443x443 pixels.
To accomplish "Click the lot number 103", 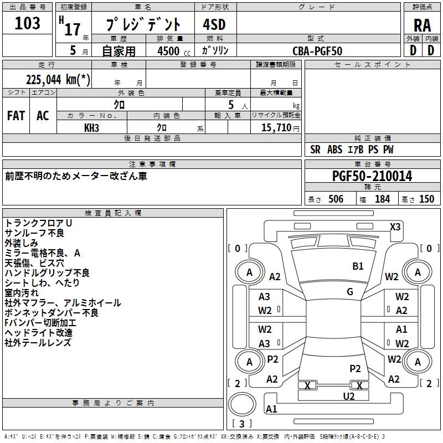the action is (27, 23).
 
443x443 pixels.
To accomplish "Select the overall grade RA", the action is (422, 25).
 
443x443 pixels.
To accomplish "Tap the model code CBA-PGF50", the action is (317, 51).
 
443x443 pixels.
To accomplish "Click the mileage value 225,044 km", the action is (58, 79).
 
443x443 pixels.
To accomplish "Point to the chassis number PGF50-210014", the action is (372, 176).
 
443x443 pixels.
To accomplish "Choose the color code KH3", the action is (91, 128).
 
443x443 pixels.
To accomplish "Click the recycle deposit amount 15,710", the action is (276, 127).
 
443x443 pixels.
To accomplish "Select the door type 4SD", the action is (214, 24).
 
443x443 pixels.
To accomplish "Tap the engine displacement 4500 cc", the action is (174, 51).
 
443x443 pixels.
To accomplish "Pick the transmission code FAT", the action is (16, 116).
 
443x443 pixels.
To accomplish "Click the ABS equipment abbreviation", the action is (334, 150).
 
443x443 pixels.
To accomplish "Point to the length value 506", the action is (336, 199).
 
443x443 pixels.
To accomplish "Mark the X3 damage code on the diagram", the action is (395, 227).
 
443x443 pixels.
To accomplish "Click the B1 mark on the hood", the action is (358, 266).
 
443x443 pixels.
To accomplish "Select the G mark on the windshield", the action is (350, 292).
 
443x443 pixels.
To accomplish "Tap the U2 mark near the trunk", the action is (349, 396).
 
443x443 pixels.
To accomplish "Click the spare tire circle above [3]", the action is (242, 404).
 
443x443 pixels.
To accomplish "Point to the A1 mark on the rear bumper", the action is (271, 409).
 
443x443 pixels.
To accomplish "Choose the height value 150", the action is (426, 199).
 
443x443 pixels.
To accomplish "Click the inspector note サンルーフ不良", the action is (34, 233).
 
